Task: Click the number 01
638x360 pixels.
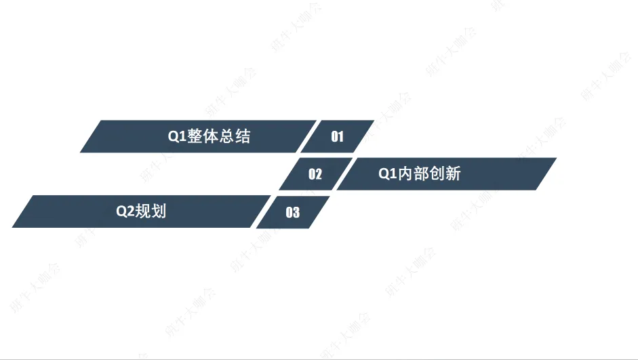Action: (x=337, y=137)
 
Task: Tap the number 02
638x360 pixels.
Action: (x=315, y=174)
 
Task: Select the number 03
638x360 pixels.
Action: (x=292, y=213)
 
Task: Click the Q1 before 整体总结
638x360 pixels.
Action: (x=177, y=136)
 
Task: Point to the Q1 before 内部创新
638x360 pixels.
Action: (x=387, y=174)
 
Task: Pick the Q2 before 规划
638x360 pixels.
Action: (x=125, y=211)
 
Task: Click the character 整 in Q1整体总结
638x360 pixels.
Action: (x=195, y=136)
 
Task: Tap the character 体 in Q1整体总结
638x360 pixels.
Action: (x=211, y=136)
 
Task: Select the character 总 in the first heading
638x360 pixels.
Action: (x=227, y=136)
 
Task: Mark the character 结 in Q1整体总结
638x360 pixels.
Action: (x=243, y=136)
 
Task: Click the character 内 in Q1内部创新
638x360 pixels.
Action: (x=405, y=174)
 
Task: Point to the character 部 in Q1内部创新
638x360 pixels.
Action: (x=421, y=174)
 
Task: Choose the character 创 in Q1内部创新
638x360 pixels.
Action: (x=437, y=174)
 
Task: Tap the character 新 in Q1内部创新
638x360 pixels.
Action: (x=453, y=174)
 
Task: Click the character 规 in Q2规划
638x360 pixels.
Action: (x=142, y=211)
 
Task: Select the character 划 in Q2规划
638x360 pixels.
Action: (x=159, y=211)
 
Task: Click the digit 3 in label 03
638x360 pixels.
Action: (x=296, y=213)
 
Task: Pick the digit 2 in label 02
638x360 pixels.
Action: (x=319, y=174)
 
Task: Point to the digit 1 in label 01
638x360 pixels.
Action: (x=341, y=137)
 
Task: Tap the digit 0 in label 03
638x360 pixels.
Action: (x=289, y=213)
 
